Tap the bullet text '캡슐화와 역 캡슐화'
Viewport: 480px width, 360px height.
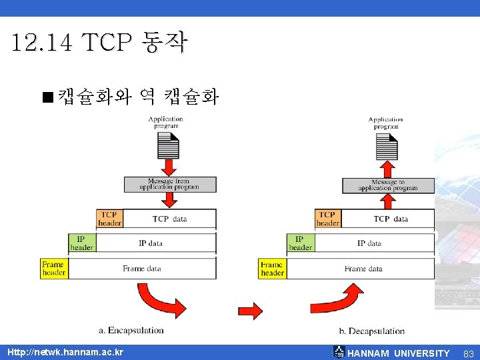[137, 98]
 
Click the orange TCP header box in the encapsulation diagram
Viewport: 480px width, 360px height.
[109, 219]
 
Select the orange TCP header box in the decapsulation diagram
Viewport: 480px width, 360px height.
[327, 219]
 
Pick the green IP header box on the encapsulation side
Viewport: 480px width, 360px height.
[81, 243]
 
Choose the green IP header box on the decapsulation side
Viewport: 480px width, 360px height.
[300, 243]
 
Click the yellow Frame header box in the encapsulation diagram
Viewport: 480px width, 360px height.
[54, 269]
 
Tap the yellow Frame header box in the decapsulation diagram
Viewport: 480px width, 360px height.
[272, 269]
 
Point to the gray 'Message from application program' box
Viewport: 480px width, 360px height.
[169, 184]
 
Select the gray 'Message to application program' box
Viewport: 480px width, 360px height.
[388, 185]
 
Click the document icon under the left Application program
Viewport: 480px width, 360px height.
[168, 146]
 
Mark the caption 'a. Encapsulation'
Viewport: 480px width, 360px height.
[131, 330]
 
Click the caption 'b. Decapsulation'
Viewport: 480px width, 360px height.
[371, 331]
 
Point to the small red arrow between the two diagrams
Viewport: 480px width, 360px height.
[250, 310]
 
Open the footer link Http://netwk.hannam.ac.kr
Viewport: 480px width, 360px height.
[65, 352]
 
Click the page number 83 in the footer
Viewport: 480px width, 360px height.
[468, 353]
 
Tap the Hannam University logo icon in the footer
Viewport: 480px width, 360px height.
[339, 352]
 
